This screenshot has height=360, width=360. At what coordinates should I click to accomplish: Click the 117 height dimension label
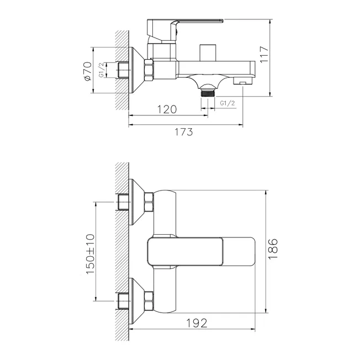[264, 55]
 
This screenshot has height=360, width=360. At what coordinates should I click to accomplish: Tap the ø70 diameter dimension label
[88, 71]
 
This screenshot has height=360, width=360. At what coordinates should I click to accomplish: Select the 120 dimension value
[167, 109]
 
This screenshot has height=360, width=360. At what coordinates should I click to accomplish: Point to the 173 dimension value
[184, 132]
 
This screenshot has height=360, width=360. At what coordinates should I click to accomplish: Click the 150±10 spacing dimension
[90, 254]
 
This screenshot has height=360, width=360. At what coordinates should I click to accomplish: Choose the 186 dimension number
[273, 249]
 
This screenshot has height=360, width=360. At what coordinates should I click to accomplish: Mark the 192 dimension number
[197, 323]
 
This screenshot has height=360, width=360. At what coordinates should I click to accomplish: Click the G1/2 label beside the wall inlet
[101, 70]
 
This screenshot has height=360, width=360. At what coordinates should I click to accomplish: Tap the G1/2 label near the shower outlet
[227, 103]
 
